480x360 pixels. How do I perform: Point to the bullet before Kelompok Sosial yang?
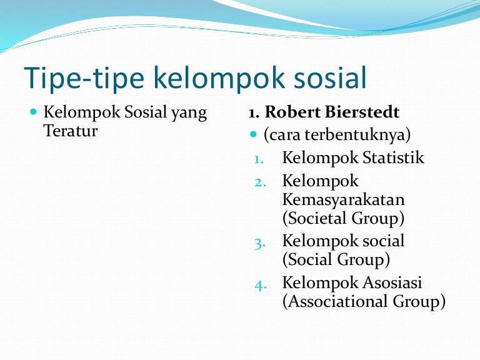[x=34, y=113]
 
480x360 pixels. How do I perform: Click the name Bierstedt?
[x=362, y=113]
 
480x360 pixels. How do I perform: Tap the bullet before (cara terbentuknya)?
[x=253, y=135]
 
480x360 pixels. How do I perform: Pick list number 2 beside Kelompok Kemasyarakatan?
[x=260, y=182]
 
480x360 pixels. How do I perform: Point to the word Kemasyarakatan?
[x=343, y=200]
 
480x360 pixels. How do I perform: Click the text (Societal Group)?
[x=343, y=219]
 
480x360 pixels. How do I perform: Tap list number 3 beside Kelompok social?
[x=260, y=242]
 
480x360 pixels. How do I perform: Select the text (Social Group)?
[x=336, y=259]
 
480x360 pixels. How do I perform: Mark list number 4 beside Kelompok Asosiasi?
[x=261, y=284]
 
